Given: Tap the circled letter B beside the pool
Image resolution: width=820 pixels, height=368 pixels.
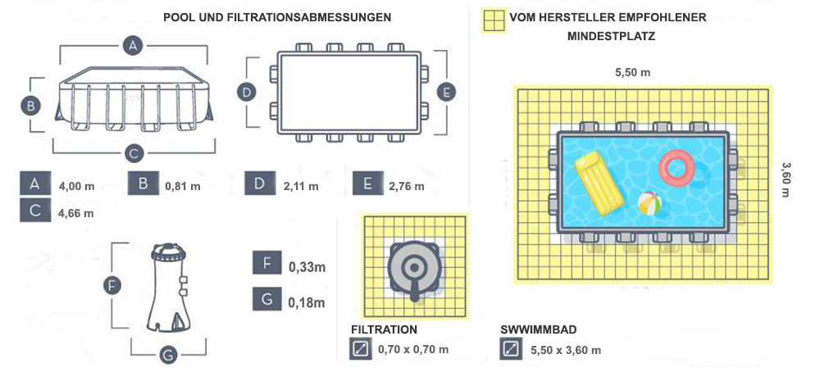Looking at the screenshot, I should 29,105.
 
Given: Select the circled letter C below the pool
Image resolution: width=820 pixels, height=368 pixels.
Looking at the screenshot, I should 135,152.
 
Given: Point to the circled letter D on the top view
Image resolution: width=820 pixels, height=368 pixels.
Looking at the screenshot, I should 246,93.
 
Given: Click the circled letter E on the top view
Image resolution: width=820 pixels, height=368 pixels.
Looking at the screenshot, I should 446,93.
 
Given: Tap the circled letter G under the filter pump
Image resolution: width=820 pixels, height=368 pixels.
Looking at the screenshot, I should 166,355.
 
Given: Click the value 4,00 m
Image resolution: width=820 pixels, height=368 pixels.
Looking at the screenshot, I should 76,186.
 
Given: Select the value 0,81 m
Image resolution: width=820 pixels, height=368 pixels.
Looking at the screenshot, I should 182,186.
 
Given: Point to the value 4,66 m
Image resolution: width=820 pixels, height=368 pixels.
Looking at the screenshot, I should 76,213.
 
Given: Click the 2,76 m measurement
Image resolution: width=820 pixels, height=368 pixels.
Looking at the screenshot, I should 406,186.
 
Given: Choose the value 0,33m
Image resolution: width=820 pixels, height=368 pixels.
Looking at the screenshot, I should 307,266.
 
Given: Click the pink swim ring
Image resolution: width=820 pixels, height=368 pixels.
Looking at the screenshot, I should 676,168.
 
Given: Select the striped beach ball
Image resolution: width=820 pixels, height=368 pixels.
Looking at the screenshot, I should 649,203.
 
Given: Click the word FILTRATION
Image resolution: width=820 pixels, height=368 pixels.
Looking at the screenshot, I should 384,329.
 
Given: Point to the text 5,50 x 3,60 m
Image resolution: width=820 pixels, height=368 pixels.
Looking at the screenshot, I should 566,350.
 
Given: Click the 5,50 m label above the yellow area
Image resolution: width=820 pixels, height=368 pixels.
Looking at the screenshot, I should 632,72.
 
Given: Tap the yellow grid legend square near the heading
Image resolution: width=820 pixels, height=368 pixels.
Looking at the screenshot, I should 494,20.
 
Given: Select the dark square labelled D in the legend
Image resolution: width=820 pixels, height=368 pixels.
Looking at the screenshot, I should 260,184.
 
